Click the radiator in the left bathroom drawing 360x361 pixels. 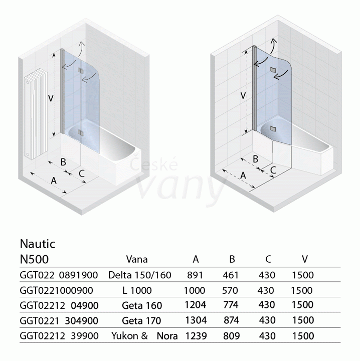(x=36, y=113)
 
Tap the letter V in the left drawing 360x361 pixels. (x=51, y=99)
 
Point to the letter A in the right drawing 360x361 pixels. (x=243, y=176)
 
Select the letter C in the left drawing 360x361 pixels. (x=82, y=173)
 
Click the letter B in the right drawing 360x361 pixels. (x=256, y=159)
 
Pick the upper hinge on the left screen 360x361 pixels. (x=80, y=71)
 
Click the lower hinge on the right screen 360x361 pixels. (x=273, y=129)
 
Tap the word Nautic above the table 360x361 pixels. (x=38, y=244)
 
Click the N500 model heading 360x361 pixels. (x=34, y=259)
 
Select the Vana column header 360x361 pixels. (x=137, y=260)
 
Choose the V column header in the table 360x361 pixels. (x=305, y=259)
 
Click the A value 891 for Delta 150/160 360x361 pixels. (x=195, y=275)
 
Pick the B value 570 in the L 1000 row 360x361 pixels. (x=230, y=290)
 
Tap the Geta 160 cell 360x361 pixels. (x=142, y=305)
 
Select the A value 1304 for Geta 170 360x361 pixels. (x=196, y=320)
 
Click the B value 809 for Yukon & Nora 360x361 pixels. (x=231, y=336)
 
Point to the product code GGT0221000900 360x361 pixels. (x=56, y=290)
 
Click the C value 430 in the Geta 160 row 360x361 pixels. (x=267, y=305)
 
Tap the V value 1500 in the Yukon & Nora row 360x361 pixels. (x=303, y=336)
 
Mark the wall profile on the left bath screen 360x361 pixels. (x=62, y=91)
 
